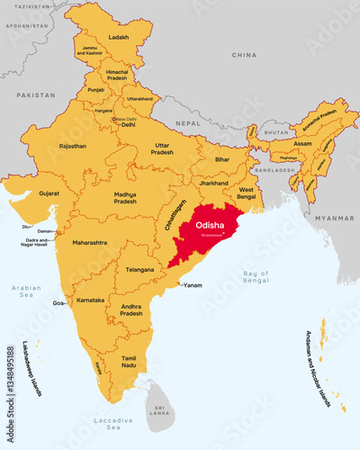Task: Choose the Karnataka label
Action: [90, 297]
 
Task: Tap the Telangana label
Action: [140, 269]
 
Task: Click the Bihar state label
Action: [222, 159]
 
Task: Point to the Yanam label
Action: [192, 285]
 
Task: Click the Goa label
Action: [58, 304]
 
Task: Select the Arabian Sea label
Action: [27, 292]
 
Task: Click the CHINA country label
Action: [244, 55]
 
